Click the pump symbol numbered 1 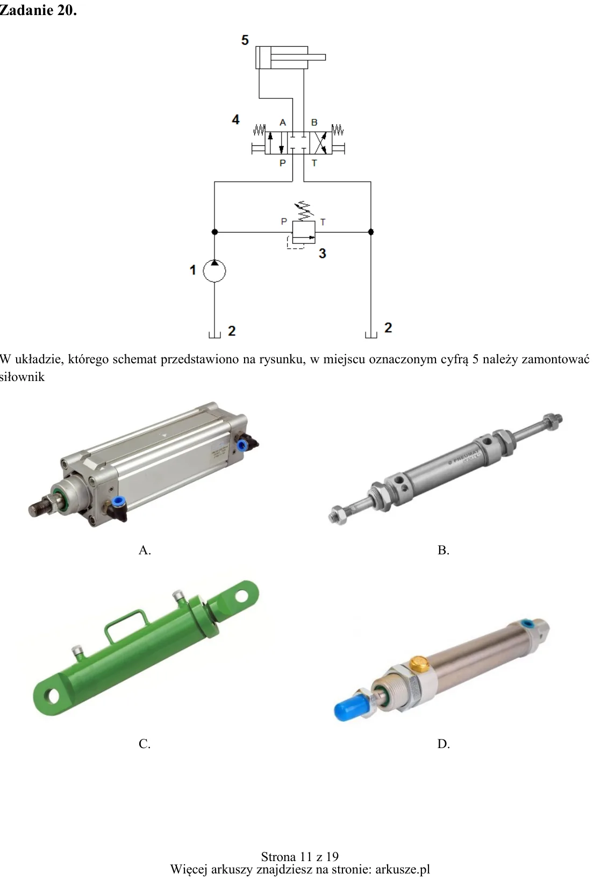tap(214, 271)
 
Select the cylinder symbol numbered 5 tap(290, 58)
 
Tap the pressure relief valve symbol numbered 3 tap(303, 232)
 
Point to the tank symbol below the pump tap(214, 335)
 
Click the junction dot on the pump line tap(214, 232)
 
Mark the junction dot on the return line tap(371, 232)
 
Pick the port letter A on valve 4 tap(283, 123)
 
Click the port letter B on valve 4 tap(314, 123)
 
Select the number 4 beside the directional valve tap(235, 119)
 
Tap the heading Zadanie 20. tap(38, 11)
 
